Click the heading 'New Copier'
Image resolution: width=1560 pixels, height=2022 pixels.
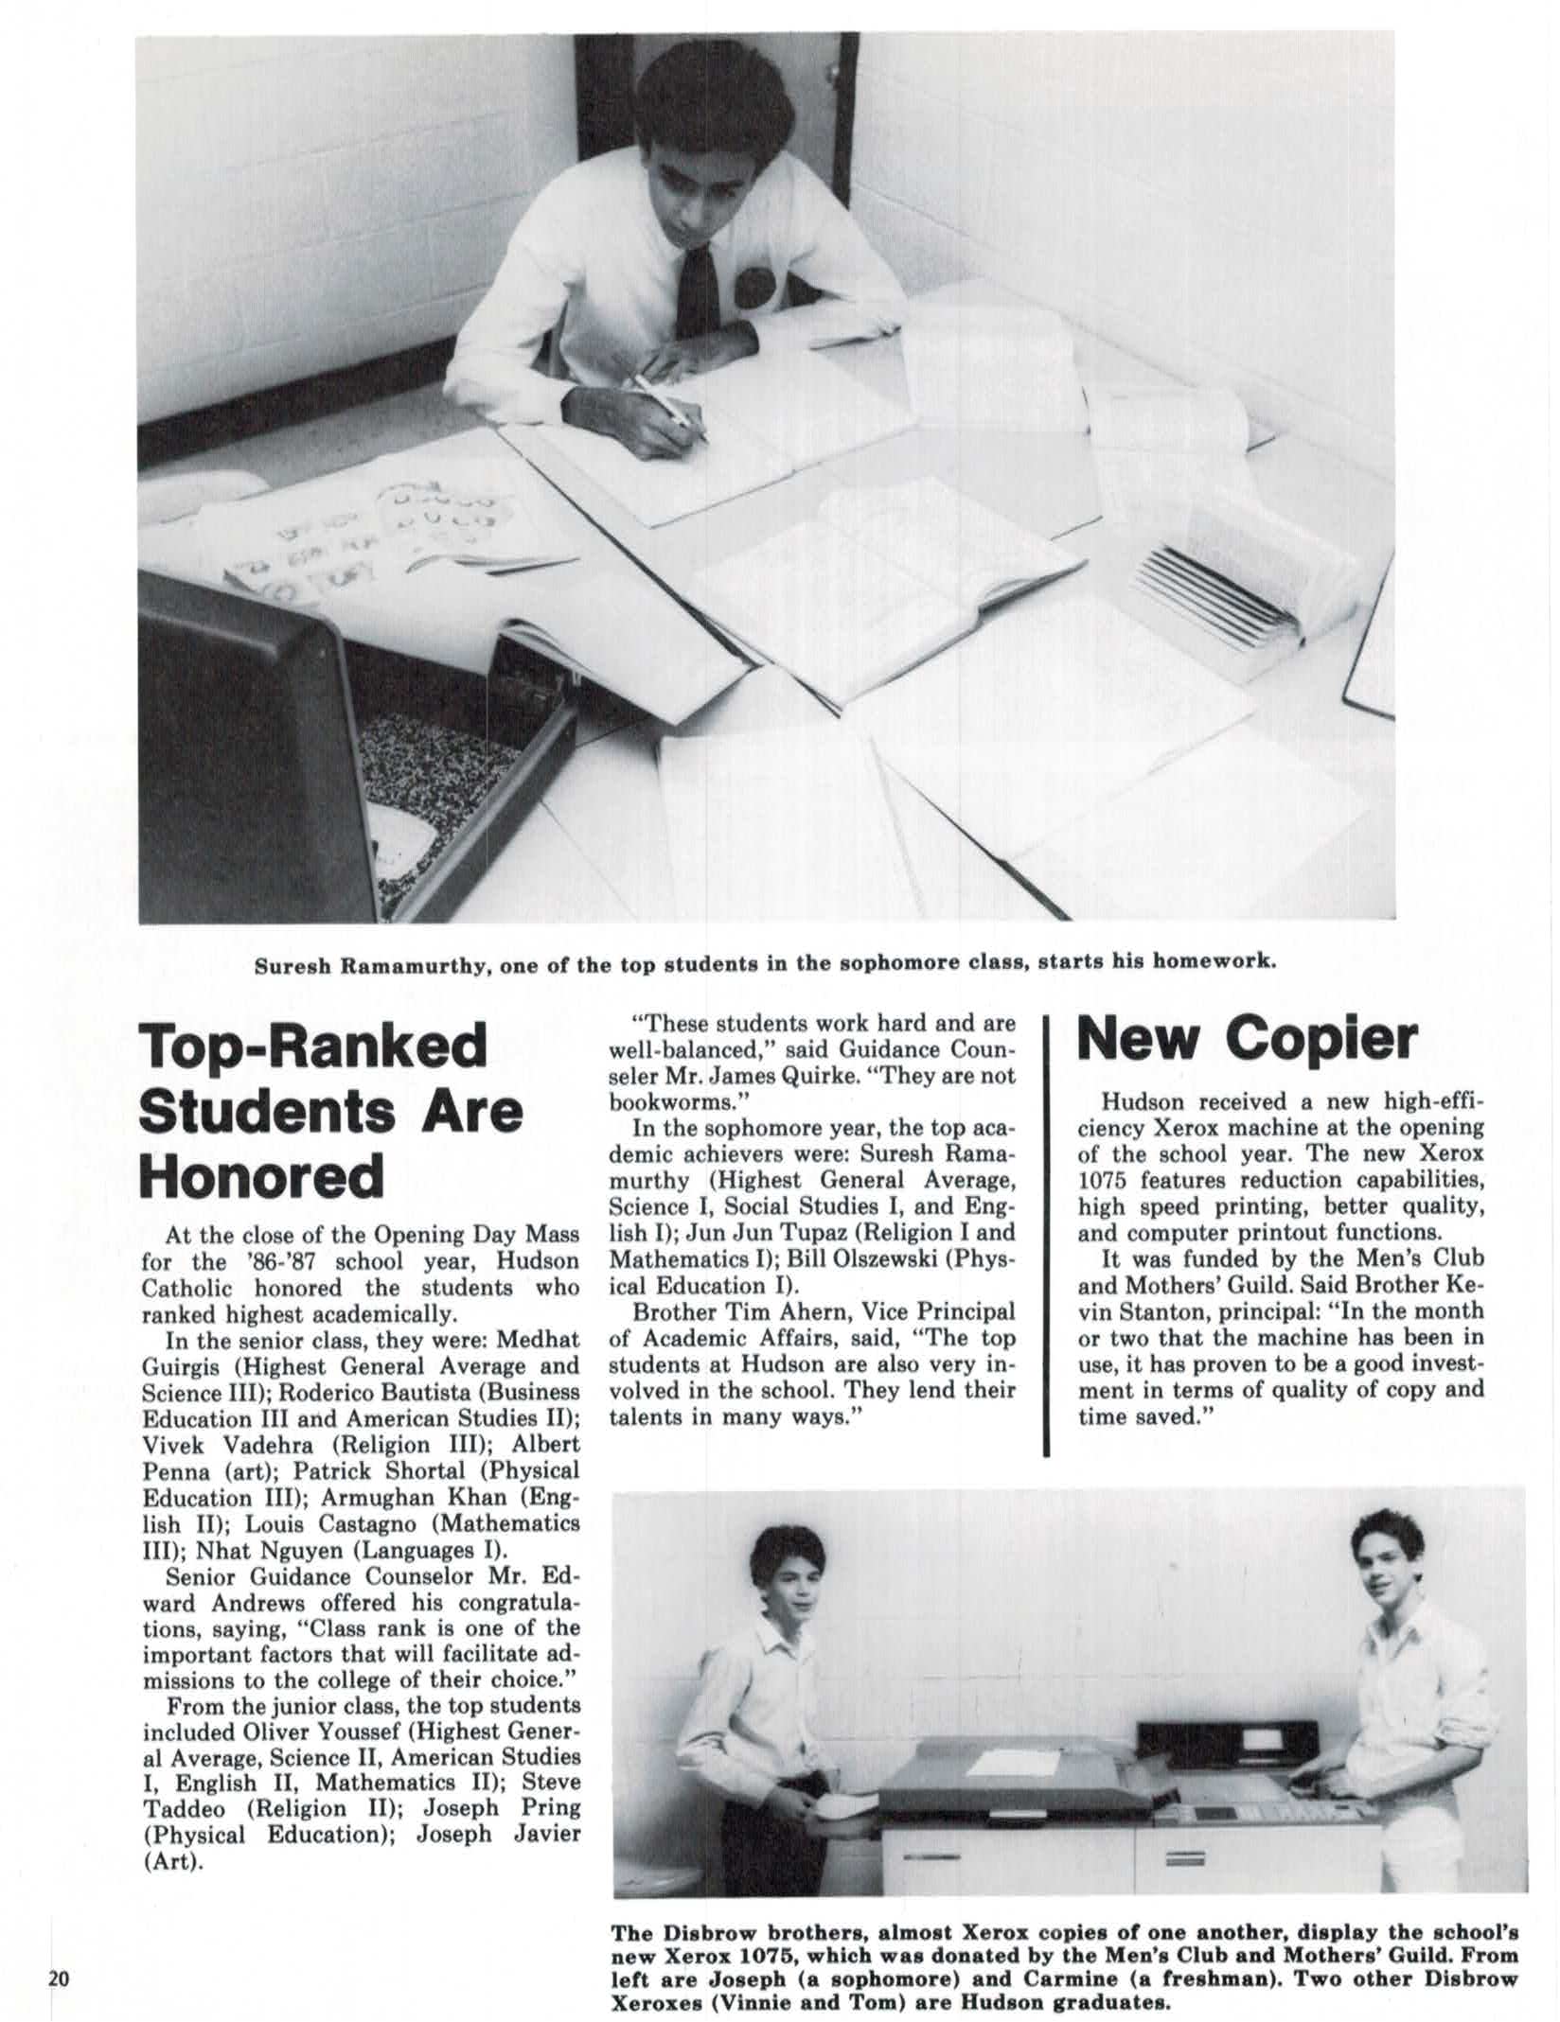click(x=1248, y=1041)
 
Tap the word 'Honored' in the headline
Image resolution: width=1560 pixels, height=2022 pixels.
click(x=262, y=1176)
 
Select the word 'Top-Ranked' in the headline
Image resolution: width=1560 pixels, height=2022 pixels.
click(x=313, y=1046)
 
